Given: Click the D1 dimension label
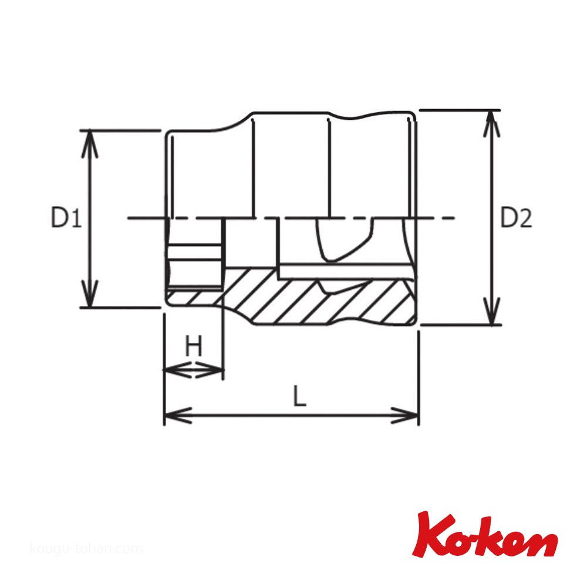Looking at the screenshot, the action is coord(66,218).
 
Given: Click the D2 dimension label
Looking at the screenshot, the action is coord(517,218).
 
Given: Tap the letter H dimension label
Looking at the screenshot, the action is coord(194,346).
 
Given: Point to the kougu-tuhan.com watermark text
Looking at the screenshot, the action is coord(86,549).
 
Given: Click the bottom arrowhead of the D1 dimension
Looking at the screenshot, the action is coord(90,294).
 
